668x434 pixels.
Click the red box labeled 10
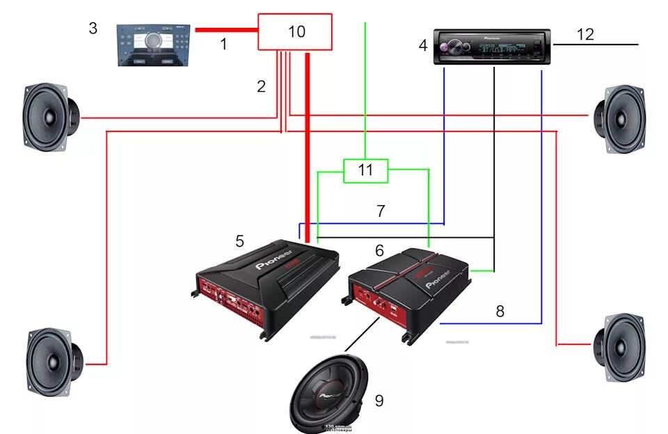pos(295,32)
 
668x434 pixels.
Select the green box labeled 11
pos(365,170)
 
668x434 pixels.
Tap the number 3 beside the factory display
pos(93,29)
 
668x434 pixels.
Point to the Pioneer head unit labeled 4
pos(493,47)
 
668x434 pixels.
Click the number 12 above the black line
pos(586,34)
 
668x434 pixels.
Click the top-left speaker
pos(50,116)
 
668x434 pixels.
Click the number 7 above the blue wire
pos(381,211)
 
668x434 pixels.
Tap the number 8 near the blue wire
pos(500,311)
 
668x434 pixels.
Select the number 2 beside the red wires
pos(261,87)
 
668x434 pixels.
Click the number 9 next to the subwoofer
pos(379,401)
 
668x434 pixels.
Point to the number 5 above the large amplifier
pos(239,241)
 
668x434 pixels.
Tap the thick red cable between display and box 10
pos(226,30)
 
